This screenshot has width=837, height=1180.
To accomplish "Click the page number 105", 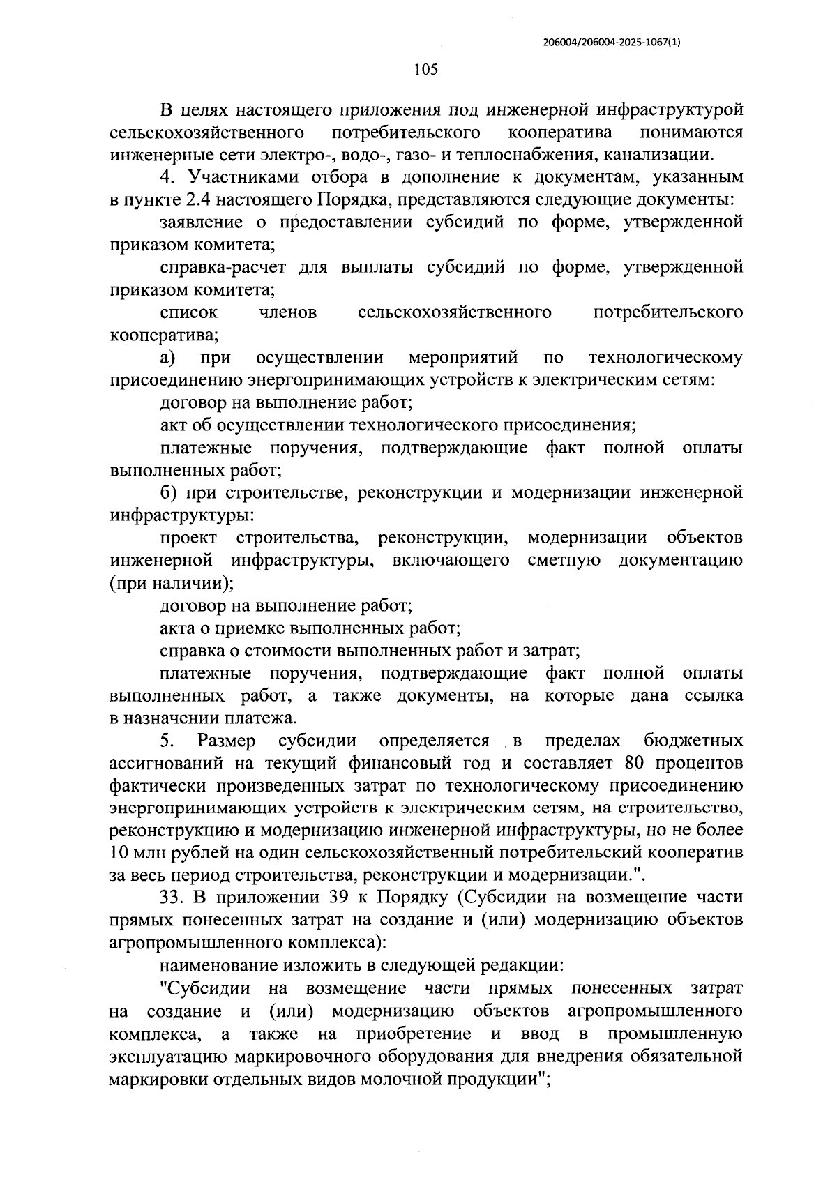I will pos(425,69).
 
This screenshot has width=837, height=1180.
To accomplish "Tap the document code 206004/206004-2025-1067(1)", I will pos(611,42).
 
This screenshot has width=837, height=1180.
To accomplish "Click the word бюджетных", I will pos(693,741).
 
